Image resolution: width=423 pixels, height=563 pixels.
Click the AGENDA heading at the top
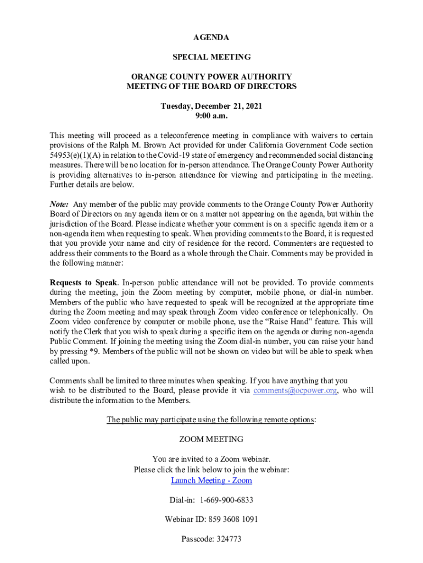click(211, 37)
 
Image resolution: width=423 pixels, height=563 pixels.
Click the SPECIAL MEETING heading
click(211, 57)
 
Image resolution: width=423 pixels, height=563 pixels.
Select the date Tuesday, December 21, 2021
click(211, 106)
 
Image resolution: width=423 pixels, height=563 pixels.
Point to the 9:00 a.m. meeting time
click(211, 116)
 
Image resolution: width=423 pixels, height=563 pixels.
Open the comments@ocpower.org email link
click(295, 390)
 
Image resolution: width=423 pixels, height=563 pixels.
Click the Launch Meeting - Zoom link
click(211, 481)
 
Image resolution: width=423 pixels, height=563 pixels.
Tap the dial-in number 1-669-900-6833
click(226, 500)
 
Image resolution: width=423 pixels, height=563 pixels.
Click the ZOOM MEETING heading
click(211, 439)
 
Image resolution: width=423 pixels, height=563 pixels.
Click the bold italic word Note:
click(59, 204)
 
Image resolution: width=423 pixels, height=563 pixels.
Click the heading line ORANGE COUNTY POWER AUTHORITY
click(211, 77)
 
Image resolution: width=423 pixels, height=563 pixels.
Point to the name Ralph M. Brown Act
click(164, 145)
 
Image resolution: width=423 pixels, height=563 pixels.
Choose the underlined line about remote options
click(211, 420)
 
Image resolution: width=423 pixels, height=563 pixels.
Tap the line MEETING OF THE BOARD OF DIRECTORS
click(211, 86)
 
